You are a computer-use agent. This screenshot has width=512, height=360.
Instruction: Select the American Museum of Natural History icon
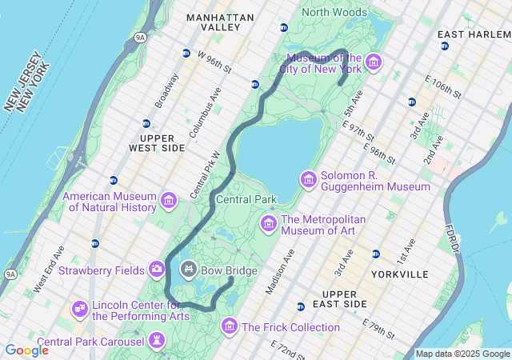[x=169, y=201]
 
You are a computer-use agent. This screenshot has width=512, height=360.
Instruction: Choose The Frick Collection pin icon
[x=230, y=326]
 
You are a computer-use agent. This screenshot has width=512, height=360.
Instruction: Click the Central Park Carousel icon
[x=157, y=342]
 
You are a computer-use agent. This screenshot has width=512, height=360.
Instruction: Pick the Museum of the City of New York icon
[x=374, y=62]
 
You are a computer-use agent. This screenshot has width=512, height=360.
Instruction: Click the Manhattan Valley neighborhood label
[x=220, y=22]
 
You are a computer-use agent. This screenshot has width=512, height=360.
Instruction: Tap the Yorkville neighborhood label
[x=400, y=274]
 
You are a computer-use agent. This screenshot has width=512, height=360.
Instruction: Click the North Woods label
[x=334, y=12]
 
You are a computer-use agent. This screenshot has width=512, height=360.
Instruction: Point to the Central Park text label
[x=246, y=199]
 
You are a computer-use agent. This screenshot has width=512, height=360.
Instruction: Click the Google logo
[x=26, y=350]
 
